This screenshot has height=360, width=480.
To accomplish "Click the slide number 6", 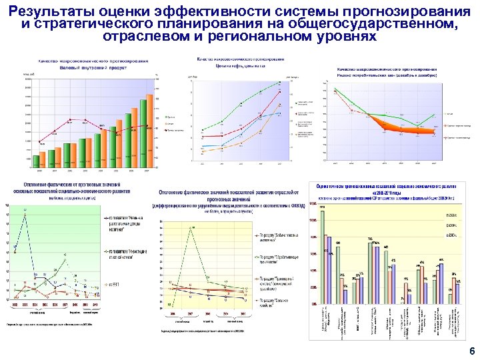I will [x=471, y=351].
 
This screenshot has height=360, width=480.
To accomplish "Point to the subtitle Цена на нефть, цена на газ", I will [x=240, y=66].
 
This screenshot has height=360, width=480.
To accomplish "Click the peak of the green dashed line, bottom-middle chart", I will [x=193, y=228].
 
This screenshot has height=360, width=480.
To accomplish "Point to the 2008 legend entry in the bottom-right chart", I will [x=451, y=215].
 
